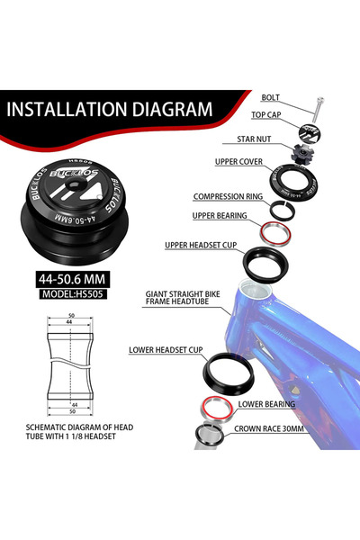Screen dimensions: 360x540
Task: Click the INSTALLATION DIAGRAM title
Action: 110,110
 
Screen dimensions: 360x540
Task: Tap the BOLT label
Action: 270,97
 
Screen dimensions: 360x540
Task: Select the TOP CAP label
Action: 266,114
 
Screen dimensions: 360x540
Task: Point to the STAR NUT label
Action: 254,139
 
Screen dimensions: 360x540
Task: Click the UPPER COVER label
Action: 238,162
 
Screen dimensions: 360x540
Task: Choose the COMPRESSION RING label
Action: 228,196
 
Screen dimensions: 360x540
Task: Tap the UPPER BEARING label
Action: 220,216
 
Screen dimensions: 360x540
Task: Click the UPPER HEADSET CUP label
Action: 201,245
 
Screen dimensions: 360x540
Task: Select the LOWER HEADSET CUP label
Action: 166,350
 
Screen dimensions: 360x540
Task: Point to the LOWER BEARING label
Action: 266,404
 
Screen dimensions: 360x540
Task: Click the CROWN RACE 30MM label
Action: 269,428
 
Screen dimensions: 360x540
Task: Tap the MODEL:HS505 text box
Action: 73,294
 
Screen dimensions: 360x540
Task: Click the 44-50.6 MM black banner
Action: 72,279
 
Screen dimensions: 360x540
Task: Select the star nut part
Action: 302,154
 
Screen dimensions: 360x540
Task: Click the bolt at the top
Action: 318,110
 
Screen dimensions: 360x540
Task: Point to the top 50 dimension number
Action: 71,316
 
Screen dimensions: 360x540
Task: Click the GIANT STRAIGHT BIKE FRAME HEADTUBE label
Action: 183,298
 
